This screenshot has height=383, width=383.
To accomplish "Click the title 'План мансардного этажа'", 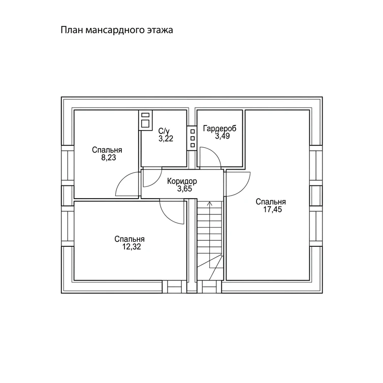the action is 117,30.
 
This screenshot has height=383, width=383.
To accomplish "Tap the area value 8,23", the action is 109,158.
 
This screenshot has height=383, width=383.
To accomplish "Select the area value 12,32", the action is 132,247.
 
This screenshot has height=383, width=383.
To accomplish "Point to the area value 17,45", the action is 272,210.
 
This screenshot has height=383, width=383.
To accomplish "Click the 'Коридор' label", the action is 182,181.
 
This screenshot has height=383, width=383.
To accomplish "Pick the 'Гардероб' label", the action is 219,129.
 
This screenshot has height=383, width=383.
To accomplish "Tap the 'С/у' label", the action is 164,131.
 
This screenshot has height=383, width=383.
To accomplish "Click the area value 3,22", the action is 166,139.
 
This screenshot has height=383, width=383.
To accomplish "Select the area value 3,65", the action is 185,189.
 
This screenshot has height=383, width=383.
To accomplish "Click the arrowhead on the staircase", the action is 210,204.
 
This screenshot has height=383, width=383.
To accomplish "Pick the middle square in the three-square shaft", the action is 193,139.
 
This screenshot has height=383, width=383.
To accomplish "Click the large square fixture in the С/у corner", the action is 145,124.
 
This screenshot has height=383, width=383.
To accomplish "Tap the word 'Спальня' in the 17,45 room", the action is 271,202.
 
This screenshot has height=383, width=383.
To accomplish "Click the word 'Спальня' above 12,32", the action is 130,239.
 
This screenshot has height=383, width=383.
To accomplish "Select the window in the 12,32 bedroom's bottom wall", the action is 174,287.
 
